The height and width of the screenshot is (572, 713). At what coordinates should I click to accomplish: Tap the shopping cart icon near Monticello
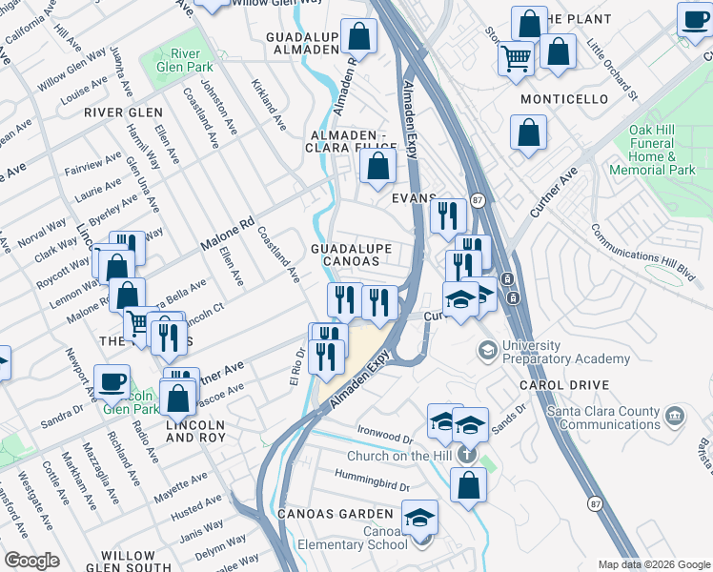pyautogui.click(x=516, y=58)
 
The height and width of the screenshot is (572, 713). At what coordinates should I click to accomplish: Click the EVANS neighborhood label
pyautogui.click(x=415, y=198)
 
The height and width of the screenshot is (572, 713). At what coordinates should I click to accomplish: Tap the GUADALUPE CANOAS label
pyautogui.click(x=352, y=255)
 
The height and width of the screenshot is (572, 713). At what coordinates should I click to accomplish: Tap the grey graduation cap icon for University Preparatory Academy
pyautogui.click(x=487, y=352)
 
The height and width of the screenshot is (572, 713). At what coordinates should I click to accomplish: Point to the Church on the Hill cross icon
pyautogui.click(x=467, y=454)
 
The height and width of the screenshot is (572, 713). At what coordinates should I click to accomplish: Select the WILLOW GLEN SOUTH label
pyautogui.click(x=128, y=562)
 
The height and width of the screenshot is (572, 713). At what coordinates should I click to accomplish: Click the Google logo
pyautogui.click(x=32, y=561)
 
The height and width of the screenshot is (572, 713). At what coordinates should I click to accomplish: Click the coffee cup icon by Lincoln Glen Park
pyautogui.click(x=112, y=380)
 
